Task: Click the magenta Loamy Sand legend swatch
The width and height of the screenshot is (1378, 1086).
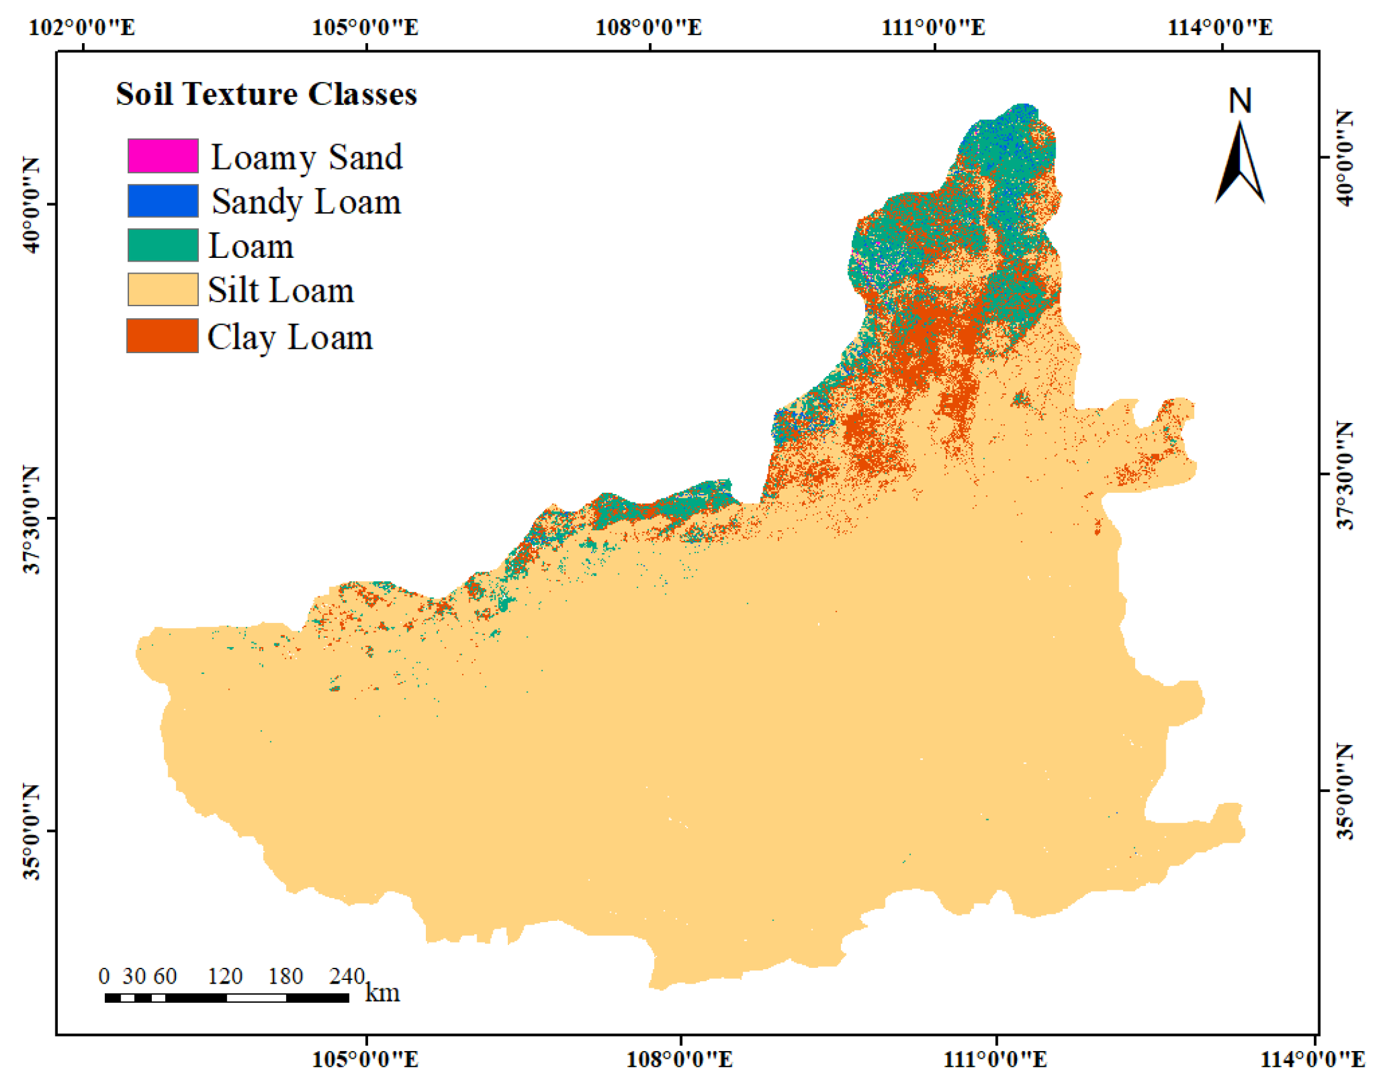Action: tap(163, 156)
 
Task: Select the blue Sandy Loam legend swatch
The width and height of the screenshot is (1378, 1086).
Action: tap(163, 201)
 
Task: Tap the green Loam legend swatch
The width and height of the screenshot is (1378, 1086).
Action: tap(163, 245)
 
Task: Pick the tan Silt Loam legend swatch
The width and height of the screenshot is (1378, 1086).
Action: tap(163, 290)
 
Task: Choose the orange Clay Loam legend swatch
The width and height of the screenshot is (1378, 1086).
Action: tap(163, 336)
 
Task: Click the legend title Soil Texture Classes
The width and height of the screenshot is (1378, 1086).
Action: tap(266, 94)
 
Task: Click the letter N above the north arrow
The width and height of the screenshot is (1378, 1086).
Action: tap(1239, 101)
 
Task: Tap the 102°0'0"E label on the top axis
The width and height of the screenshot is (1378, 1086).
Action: tap(82, 27)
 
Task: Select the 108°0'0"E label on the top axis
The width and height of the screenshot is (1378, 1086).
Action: tap(648, 27)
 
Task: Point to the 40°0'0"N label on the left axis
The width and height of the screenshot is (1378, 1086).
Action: tap(31, 204)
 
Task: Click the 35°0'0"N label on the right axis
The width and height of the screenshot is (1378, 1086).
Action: tap(1345, 791)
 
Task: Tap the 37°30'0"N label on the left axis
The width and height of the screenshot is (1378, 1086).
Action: tap(31, 518)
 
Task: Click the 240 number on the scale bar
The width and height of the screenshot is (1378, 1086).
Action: tap(346, 976)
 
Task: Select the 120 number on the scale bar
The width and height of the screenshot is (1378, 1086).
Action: tap(225, 976)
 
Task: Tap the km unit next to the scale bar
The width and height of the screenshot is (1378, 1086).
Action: tap(383, 993)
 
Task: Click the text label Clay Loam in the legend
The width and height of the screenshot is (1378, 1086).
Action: tap(290, 337)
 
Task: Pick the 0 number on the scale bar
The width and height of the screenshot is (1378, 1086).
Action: tap(104, 976)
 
